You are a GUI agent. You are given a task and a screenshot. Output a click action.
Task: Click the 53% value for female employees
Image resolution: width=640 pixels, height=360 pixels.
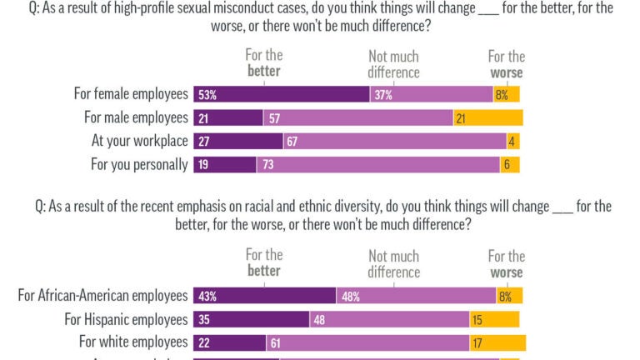pos(207,95)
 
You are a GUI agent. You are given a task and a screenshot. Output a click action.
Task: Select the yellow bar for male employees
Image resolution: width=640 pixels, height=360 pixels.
pos(488,118)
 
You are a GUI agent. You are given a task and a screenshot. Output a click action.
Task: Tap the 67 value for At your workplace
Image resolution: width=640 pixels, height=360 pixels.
pos(292,142)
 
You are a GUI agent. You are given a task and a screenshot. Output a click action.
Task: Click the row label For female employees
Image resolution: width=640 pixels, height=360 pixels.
pos(131,94)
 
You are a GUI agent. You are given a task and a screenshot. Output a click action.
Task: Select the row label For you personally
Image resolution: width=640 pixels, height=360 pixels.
pos(139,164)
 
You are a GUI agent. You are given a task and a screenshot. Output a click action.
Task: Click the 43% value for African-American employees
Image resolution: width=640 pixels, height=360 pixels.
pos(207,296)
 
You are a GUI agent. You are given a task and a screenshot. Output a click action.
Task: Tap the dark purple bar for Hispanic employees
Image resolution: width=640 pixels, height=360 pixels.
pos(251,319)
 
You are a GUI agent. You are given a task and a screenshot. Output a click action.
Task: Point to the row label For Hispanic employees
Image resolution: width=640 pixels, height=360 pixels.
pos(126,318)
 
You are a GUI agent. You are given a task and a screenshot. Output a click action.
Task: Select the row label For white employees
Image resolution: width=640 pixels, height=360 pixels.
pos(133,342)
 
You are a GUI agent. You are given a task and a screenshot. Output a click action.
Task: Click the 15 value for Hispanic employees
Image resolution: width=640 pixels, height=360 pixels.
pos(478,319)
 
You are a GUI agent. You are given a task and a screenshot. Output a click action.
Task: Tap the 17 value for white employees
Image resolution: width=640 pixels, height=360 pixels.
pos(478,342)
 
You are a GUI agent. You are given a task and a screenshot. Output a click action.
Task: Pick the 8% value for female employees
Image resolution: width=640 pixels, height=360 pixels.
pos(502,95)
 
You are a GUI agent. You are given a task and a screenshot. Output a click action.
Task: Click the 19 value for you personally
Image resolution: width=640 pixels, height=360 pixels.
pos(203,165)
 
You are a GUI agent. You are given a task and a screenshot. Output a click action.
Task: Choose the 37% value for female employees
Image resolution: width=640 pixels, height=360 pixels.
pos(383,95)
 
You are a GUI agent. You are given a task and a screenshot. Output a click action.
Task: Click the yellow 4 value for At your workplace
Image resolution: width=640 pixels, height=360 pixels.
pos(510,142)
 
